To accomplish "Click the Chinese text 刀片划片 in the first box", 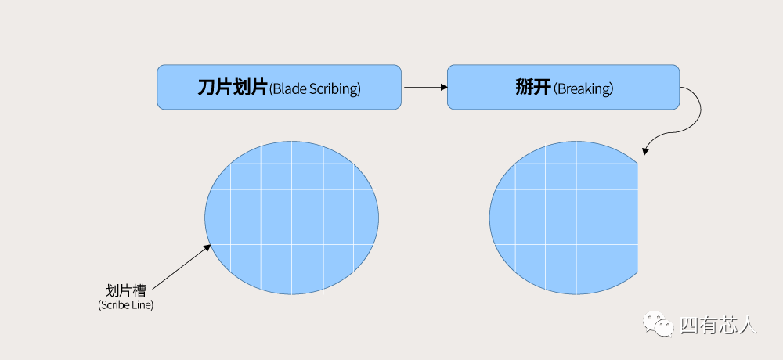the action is (233, 88).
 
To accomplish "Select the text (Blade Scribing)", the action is (315, 89).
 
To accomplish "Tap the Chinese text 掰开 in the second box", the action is (533, 88).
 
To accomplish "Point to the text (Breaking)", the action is (583, 89).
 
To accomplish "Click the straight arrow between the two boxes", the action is (425, 88).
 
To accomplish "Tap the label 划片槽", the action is (126, 290).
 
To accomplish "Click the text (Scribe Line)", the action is (126, 305).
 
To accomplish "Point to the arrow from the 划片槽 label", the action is (182, 267).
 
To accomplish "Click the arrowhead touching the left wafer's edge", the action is (207, 247).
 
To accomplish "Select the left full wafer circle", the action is (291, 218).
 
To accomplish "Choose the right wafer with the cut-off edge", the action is (564, 218).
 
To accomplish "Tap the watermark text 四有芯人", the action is (719, 325).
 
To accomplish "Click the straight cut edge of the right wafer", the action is (638, 218).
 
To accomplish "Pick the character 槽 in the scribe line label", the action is (139, 290).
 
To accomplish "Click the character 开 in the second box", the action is (543, 88).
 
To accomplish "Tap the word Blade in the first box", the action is (288, 89).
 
